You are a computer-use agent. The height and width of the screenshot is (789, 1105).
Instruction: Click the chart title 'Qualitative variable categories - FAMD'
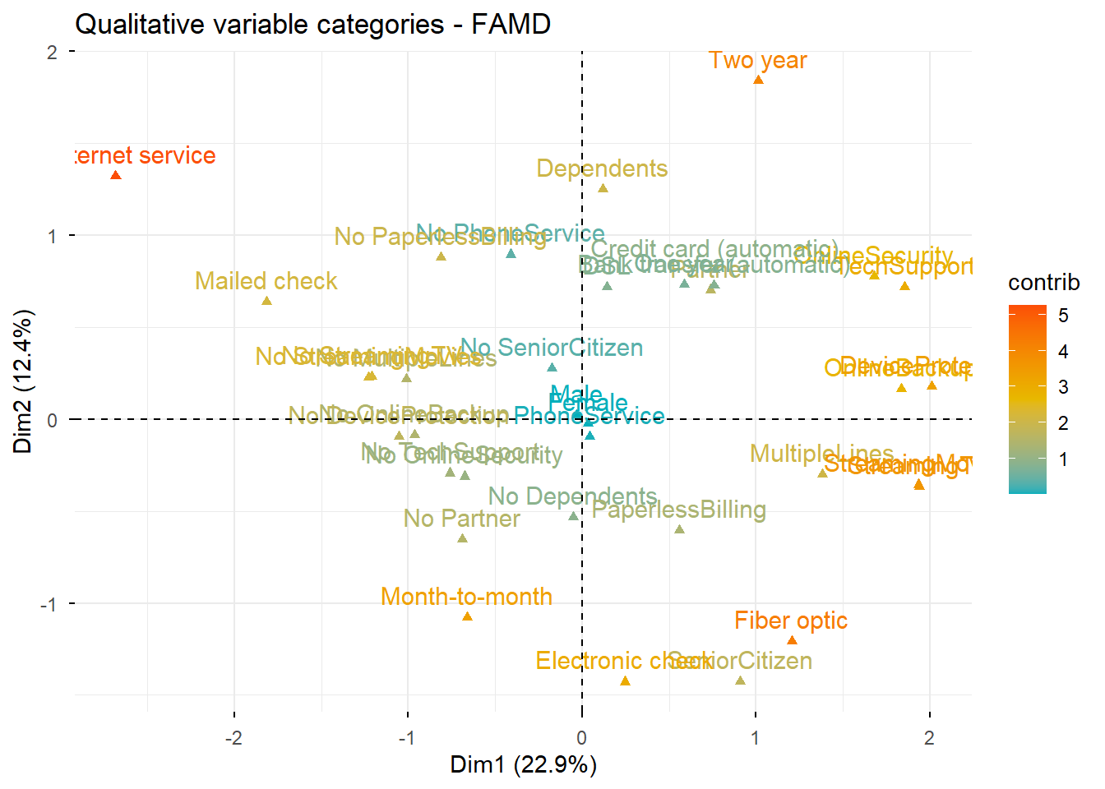(312, 25)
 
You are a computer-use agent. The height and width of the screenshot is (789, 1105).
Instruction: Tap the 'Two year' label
(757, 61)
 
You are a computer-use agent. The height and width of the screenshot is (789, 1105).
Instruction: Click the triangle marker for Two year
(758, 80)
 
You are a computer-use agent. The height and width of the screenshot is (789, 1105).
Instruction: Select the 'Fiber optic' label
(791, 621)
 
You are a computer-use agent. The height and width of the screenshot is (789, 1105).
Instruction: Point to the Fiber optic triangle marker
(792, 640)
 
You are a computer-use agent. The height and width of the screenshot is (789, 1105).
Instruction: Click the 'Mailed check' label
(266, 281)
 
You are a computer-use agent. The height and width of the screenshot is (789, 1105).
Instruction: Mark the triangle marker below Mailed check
(266, 301)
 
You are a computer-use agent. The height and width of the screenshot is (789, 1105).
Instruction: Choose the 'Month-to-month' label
(466, 597)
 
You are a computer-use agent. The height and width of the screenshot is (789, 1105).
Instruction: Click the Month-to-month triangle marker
(467, 616)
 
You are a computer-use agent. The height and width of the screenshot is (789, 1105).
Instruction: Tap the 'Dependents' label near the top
(602, 168)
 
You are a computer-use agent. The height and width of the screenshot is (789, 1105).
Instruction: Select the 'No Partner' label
(461, 519)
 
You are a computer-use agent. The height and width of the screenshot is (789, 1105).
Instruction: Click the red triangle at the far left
(116, 175)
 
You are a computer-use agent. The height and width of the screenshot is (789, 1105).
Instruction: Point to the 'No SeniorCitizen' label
(552, 348)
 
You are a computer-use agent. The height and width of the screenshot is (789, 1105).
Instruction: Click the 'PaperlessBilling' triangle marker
(679, 529)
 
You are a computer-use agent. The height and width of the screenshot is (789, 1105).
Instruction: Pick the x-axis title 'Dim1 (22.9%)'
(523, 764)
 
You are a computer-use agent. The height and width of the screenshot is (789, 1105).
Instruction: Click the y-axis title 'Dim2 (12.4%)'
(23, 381)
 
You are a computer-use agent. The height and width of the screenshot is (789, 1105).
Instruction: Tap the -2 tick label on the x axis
(233, 737)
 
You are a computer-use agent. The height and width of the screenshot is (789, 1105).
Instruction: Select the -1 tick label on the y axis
(49, 604)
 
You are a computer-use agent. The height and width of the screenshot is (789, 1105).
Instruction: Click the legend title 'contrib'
(1043, 283)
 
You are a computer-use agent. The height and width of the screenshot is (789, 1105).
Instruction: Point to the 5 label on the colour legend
(1063, 316)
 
